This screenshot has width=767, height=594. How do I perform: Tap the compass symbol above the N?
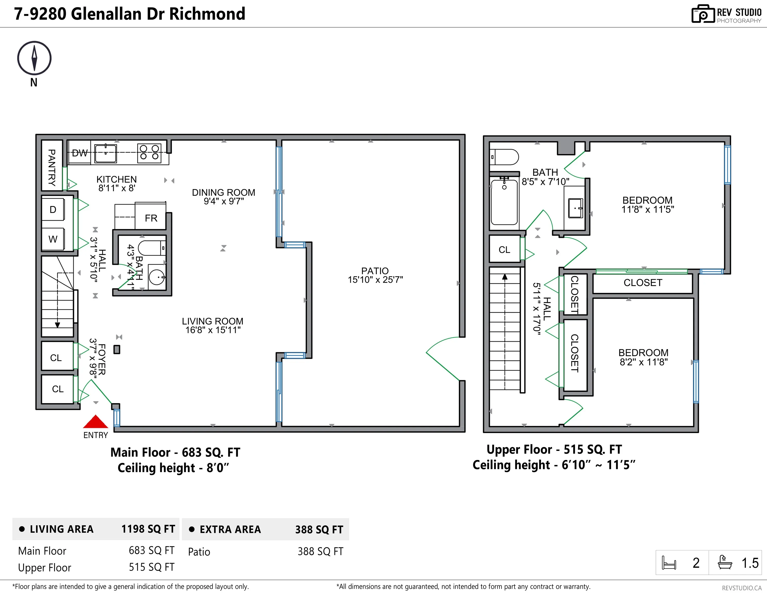coord(35,58)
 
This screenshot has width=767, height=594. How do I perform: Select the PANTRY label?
coord(52,168)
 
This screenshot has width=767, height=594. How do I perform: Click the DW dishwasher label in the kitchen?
coord(79,153)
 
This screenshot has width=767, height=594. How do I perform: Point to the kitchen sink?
coord(105,153)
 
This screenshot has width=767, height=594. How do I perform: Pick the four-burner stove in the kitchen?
coord(149,153)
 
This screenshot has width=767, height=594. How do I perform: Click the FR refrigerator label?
coord(151,218)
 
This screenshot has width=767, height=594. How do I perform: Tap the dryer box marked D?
coord(53,210)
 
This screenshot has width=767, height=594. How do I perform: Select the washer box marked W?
coord(53,239)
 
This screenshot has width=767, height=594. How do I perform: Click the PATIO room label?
coord(375,271)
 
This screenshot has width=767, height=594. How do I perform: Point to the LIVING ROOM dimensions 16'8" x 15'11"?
coord(213,330)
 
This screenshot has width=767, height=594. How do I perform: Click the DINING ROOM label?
coord(224,193)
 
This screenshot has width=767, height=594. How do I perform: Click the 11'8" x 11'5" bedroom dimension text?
coord(648,209)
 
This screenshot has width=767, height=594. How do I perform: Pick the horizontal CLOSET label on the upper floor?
coord(643,283)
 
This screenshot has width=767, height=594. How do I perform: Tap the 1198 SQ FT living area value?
coord(148,529)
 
